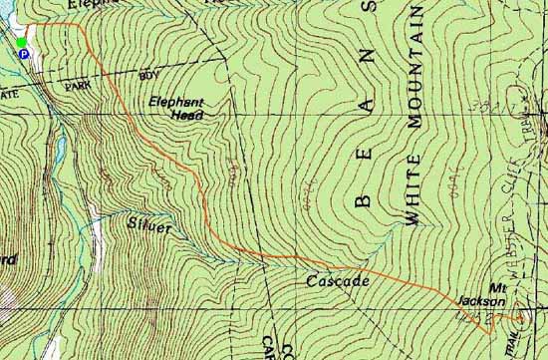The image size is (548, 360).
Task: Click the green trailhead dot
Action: tap(21, 42)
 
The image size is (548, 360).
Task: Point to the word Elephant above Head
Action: tap(175, 102)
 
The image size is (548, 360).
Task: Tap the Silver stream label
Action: tap(150, 227)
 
